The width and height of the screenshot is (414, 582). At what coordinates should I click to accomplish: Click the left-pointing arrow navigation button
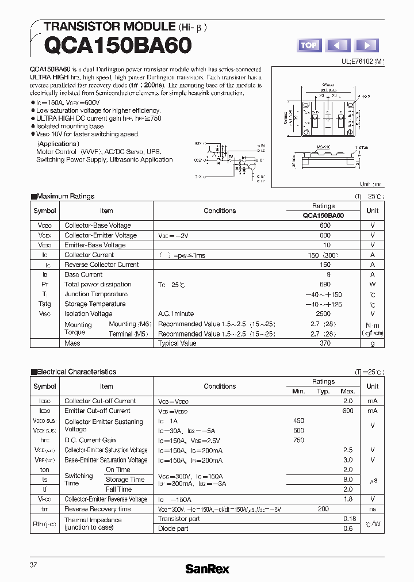tap(338, 45)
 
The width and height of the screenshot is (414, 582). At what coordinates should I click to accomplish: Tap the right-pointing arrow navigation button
tap(367, 45)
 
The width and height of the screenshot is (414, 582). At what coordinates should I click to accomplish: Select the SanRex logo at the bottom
tap(207, 569)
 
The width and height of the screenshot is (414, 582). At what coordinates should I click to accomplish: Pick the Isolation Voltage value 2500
tap(324, 314)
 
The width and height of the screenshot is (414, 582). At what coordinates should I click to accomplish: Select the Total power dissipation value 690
tap(325, 285)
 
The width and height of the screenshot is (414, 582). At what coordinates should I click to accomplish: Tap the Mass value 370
tap(325, 343)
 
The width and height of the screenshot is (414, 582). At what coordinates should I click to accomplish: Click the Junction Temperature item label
tap(95, 294)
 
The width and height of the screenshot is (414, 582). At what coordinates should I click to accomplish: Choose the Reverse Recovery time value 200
tap(323, 510)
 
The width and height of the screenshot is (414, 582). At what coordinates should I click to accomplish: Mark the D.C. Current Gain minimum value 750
tap(298, 441)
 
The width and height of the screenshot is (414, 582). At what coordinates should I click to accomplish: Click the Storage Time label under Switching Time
tap(125, 480)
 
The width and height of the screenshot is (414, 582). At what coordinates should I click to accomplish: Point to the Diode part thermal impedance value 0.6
tap(347, 529)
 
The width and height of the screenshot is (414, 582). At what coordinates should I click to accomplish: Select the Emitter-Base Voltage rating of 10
tap(327, 246)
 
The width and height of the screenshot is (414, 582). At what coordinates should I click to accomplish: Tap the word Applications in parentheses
tap(58, 144)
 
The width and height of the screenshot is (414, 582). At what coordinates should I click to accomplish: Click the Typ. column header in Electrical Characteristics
tap(323, 392)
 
